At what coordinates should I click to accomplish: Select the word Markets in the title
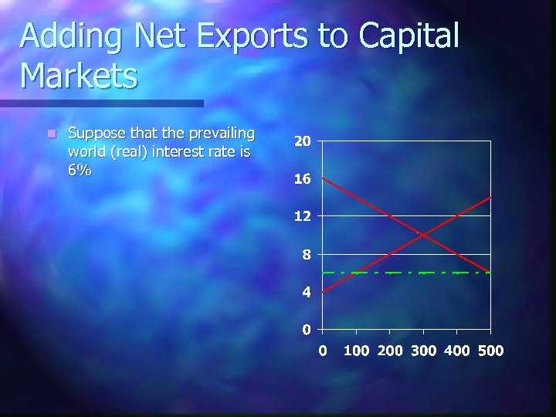[79, 76]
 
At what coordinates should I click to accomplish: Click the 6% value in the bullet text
[80, 171]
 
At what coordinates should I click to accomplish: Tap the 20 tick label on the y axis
[302, 141]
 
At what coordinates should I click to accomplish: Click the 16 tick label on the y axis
[302, 179]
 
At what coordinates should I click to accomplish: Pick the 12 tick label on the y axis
[302, 217]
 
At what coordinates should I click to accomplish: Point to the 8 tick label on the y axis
[306, 255]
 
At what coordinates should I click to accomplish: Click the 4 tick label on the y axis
[306, 293]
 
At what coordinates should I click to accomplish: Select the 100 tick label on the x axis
[356, 351]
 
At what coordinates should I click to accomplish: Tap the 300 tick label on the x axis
[423, 351]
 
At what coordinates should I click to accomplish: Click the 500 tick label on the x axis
[490, 351]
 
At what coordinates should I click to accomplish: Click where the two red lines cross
[423, 234]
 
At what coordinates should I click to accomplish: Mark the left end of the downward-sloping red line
[323, 178]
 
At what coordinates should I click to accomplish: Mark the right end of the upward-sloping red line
[490, 198]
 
